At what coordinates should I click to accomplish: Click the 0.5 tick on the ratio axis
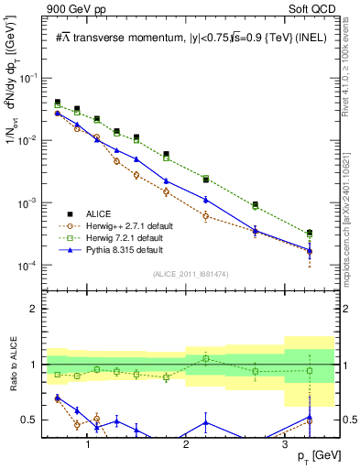click(x=32, y=420)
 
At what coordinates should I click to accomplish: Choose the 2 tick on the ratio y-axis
click(x=36, y=309)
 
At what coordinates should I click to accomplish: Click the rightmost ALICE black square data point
click(x=310, y=233)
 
